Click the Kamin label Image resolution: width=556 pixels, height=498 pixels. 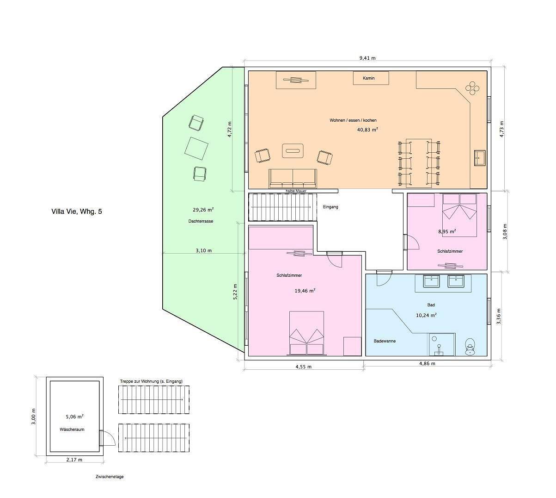[368, 78]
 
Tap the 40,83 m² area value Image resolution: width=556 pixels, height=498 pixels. [367, 130]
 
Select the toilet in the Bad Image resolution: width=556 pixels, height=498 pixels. [470, 347]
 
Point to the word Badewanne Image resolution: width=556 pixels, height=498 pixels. [385, 341]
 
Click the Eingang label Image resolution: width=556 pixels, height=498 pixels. [330, 207]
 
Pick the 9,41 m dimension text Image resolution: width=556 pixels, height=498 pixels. [367, 58]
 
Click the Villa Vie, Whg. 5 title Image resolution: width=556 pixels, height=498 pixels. [77, 212]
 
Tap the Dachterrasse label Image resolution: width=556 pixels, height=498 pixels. [201, 221]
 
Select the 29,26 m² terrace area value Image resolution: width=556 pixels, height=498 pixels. [203, 210]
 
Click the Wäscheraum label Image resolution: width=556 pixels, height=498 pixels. [72, 430]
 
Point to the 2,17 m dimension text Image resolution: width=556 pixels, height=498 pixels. [74, 460]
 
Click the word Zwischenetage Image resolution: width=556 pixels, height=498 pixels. [110, 477]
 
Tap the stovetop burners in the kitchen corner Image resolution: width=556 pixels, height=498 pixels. [472, 88]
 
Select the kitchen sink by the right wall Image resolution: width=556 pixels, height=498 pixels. [480, 158]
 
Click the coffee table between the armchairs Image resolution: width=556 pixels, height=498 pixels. [293, 150]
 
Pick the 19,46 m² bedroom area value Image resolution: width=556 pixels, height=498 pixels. [305, 291]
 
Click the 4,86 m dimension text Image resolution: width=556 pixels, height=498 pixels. [428, 363]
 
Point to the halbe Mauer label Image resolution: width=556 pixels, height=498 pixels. [296, 191]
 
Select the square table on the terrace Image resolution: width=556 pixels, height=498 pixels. [196, 149]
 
